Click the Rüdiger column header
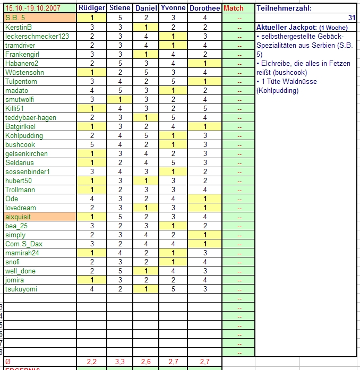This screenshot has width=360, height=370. coord(92,8)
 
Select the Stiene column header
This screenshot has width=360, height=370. coord(119,8)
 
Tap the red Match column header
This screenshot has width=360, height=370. coord(234,8)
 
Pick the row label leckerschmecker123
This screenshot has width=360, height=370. coord(37,36)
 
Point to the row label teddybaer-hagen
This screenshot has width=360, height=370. coord(31,117)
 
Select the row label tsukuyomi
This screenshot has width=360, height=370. coord(21,289)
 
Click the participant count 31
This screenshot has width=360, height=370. coord(352,18)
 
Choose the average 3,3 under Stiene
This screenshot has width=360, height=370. coord(119,362)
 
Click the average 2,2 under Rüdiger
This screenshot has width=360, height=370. coord(92,362)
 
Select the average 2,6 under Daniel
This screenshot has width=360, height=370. coord(146,362)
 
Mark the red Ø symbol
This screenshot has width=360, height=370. coord(7,362)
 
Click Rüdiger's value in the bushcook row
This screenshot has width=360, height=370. coord(92,144)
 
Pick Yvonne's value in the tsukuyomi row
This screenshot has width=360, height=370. coord(173,289)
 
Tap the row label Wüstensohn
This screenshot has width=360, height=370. coord(24,72)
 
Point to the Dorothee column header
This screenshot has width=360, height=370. coord(204,8)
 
